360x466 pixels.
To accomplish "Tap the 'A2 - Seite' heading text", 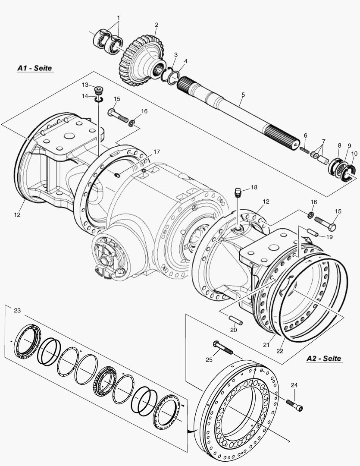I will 323,358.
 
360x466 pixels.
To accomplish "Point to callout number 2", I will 157,25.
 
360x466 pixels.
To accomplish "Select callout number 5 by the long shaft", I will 243,94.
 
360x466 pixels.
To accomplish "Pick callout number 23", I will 17,310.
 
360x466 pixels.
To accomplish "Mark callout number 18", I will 254,187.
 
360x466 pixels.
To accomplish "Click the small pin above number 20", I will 235,321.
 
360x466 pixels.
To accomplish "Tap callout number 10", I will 354,153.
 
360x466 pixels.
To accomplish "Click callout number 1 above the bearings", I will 118,18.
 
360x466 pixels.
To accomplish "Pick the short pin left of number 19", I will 312,232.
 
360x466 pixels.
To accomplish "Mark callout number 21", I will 266,344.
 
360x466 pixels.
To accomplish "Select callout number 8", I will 339,145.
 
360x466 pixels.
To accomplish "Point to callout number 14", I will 85,96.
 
